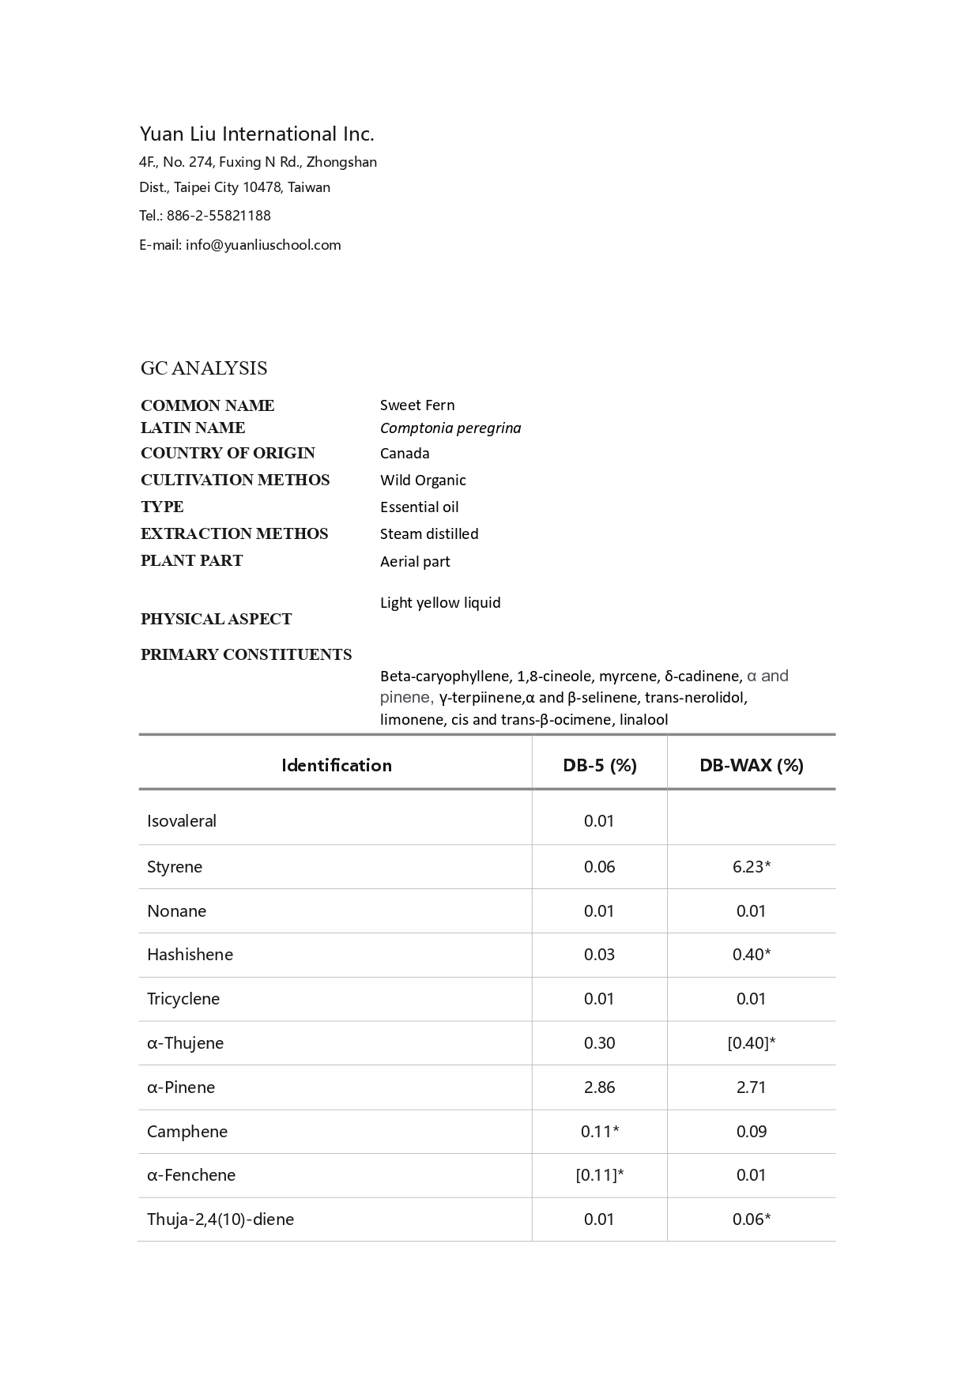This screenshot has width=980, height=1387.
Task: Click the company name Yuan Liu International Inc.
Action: coord(257,134)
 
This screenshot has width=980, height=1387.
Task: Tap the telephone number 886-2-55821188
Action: coord(218,216)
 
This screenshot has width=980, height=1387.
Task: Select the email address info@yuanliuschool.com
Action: coord(263,245)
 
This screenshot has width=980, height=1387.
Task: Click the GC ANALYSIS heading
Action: coord(204,368)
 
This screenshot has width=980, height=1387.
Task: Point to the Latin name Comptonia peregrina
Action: coord(450,428)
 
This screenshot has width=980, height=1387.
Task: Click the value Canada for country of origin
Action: coord(405,454)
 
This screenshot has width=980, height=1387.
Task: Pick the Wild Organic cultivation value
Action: coord(423,481)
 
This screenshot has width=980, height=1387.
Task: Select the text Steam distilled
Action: coord(429,534)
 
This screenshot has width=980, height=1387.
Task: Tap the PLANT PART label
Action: coord(191,561)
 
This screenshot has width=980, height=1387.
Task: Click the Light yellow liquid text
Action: coord(440,603)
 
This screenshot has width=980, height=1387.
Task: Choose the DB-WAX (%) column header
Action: coord(752,765)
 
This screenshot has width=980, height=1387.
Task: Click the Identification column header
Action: coord(337,765)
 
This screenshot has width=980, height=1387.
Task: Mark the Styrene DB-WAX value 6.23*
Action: coord(752,867)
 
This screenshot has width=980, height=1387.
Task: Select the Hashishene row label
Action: coord(190,955)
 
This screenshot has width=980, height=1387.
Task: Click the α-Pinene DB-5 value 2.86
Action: coord(599,1087)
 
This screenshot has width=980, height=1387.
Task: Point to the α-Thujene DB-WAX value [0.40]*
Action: coord(752,1043)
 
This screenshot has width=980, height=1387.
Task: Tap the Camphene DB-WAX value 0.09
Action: coord(752,1132)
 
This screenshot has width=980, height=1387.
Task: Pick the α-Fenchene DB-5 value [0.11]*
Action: coord(599,1175)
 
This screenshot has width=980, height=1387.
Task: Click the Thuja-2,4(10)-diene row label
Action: coord(220,1219)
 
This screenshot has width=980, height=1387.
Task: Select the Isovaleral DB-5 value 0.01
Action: coord(599,821)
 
